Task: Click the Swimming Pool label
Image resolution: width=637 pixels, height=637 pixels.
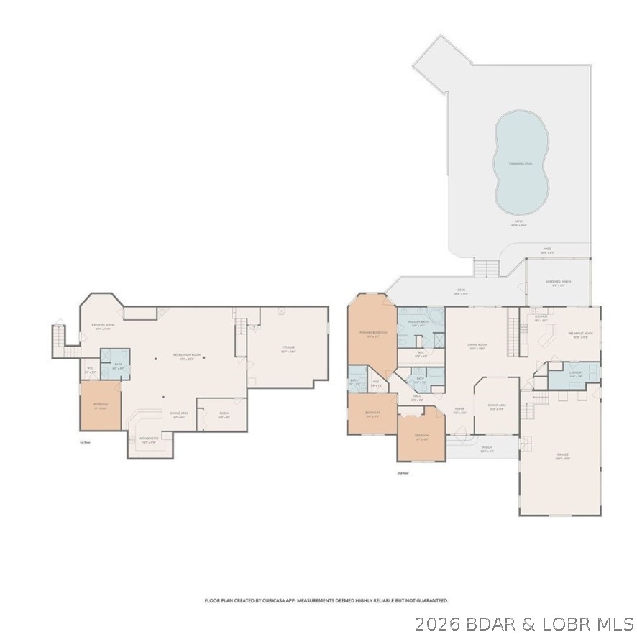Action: click(521, 163)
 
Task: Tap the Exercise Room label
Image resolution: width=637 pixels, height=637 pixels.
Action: click(103, 326)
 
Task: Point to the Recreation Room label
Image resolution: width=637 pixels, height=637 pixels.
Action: click(183, 357)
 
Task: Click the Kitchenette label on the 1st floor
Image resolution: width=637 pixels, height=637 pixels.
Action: click(150, 440)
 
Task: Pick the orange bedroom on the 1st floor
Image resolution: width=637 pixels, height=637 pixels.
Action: click(100, 405)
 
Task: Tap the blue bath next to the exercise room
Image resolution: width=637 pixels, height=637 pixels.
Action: click(115, 363)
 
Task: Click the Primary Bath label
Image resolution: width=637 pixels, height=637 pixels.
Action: click(419, 323)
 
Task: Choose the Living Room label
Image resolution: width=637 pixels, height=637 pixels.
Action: click(477, 346)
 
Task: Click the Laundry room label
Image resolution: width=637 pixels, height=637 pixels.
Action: click(575, 373)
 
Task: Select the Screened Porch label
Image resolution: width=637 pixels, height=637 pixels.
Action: click(558, 283)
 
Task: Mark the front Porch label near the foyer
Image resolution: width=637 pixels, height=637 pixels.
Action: click(487, 450)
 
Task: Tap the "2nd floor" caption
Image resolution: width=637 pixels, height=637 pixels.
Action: click(403, 473)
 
